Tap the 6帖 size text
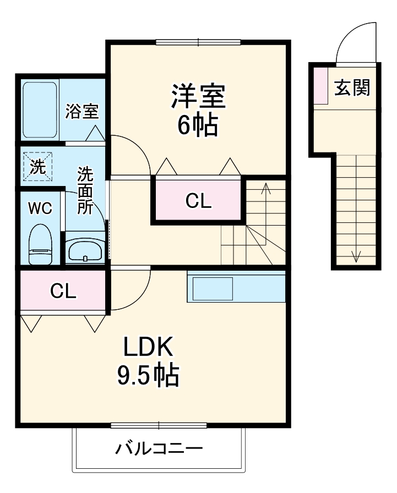click(x=198, y=126)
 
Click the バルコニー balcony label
click(x=159, y=448)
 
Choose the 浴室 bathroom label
click(x=82, y=112)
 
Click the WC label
click(x=40, y=209)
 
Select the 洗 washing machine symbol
click(x=37, y=166)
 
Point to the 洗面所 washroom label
click(x=85, y=190)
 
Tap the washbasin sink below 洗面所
click(x=85, y=252)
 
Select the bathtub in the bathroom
click(x=40, y=110)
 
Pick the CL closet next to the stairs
click(x=198, y=202)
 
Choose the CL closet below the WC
click(x=63, y=291)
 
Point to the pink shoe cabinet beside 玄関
click(x=321, y=85)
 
